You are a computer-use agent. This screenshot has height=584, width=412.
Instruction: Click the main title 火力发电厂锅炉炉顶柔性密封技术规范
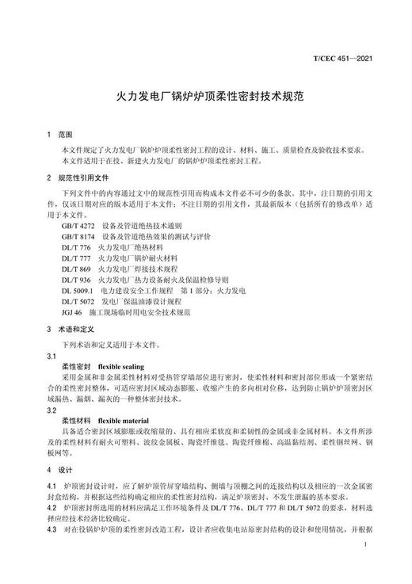pos(206,99)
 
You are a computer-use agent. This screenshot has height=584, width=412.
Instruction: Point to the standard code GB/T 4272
pos(77,225)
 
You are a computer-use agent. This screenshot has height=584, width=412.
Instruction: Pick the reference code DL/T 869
pos(75,269)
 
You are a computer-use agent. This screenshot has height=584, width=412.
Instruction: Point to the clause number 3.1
pos(51,357)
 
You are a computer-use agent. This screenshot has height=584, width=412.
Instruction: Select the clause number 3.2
pos(51,410)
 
